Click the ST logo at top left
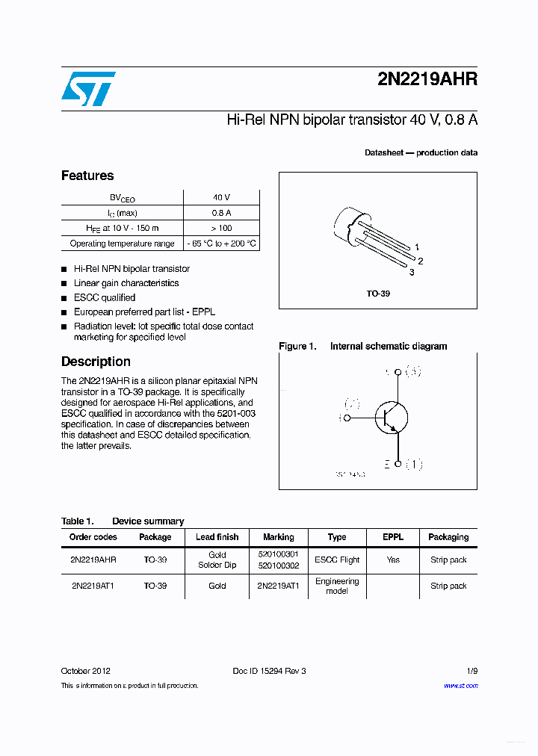coord(87,89)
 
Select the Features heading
coord(87,176)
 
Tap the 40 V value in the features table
coord(221,197)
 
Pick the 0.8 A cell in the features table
coord(221,213)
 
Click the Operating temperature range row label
coord(122,244)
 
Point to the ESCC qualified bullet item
coord(104,297)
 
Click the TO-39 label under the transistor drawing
coord(377,294)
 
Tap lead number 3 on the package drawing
coord(412,273)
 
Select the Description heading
coord(96,362)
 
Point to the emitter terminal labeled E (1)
coord(403,465)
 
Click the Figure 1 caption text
coord(363,346)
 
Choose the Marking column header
coord(278,537)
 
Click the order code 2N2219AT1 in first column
coord(93,586)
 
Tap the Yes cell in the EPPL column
coord(393,560)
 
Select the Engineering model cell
coord(337,586)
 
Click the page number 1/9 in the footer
coord(470,671)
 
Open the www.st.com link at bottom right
coord(460,685)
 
